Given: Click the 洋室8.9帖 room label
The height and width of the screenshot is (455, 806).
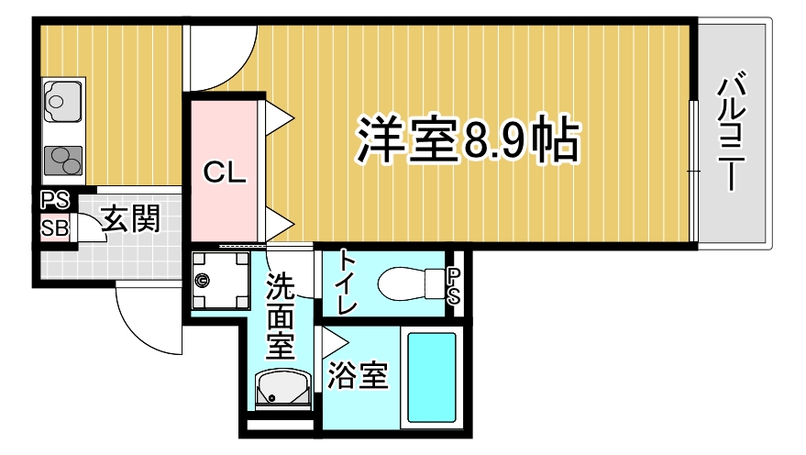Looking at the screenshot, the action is point(468,139).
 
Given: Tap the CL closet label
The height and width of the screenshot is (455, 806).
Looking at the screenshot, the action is point(225,172).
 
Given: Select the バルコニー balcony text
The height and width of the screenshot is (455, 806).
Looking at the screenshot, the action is point(731,134).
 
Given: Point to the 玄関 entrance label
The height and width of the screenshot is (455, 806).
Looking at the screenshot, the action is point(130,219).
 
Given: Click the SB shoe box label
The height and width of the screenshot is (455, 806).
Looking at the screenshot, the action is point(54,227).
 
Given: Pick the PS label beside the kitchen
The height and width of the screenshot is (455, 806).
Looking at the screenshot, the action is point(54,200).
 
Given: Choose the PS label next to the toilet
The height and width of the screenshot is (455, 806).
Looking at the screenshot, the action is point(453,286).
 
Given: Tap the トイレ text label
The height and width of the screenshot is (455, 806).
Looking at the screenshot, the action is point(348,282).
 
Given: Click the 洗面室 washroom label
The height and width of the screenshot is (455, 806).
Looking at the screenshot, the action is point(281,316).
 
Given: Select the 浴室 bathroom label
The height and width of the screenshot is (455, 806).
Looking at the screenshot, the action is point(358,375).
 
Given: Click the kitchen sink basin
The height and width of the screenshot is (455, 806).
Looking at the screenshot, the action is point(63,101).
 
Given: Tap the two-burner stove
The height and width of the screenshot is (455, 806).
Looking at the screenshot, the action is point(63,161).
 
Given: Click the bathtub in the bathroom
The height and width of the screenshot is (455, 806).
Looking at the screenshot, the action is point(432,378).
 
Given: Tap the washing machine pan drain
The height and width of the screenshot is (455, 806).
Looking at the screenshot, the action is point(202,280).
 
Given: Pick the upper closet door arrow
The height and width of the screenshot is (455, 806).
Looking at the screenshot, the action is point(279,117).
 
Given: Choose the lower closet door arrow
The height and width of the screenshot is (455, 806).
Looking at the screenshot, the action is point(279,224).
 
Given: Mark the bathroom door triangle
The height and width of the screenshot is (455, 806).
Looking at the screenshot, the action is point(334,342).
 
